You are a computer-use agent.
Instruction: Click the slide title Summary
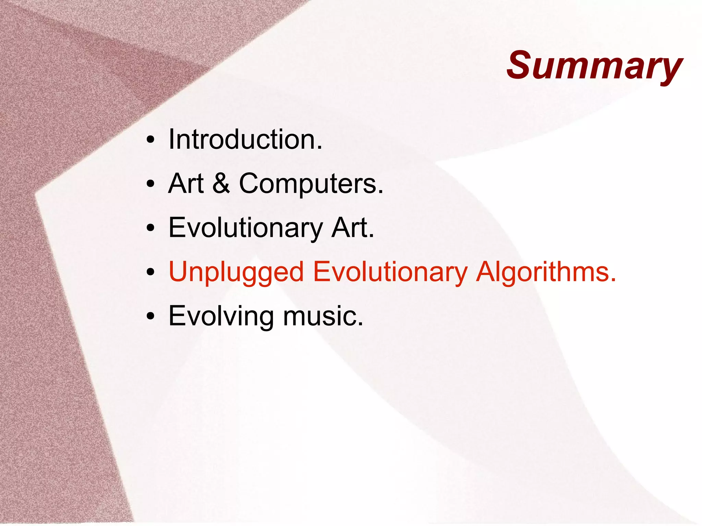(595, 66)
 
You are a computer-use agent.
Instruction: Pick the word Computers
(307, 184)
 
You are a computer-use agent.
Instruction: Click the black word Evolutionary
(245, 228)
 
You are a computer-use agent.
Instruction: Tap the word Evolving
(221, 316)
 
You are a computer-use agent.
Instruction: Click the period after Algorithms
(613, 280)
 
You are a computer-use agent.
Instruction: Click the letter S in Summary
(521, 65)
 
